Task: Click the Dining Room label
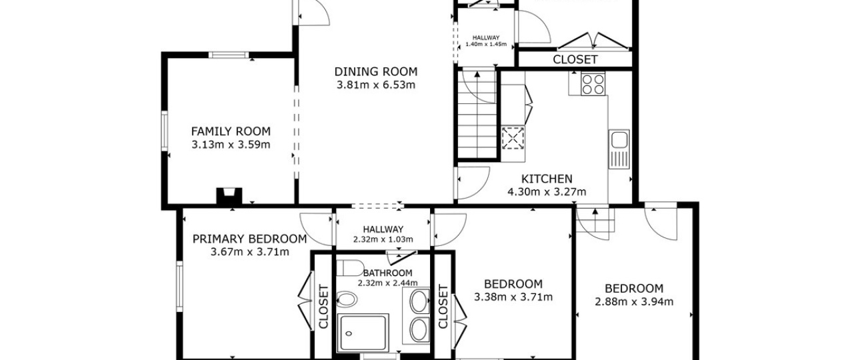376,72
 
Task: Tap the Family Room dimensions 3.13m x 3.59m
231,145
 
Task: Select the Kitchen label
547,179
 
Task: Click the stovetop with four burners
593,84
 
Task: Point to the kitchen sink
619,149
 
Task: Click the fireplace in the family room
229,196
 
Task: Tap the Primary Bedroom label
249,239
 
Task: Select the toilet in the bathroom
350,268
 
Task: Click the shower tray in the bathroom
363,333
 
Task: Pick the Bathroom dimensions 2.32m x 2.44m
388,283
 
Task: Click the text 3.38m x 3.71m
513,297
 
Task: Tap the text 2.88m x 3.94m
634,301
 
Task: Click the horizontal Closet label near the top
575,59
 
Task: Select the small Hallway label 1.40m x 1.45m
486,41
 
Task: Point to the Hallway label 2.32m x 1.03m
383,235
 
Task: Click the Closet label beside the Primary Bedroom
323,306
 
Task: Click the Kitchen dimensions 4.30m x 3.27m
547,191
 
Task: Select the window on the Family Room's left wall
165,131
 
